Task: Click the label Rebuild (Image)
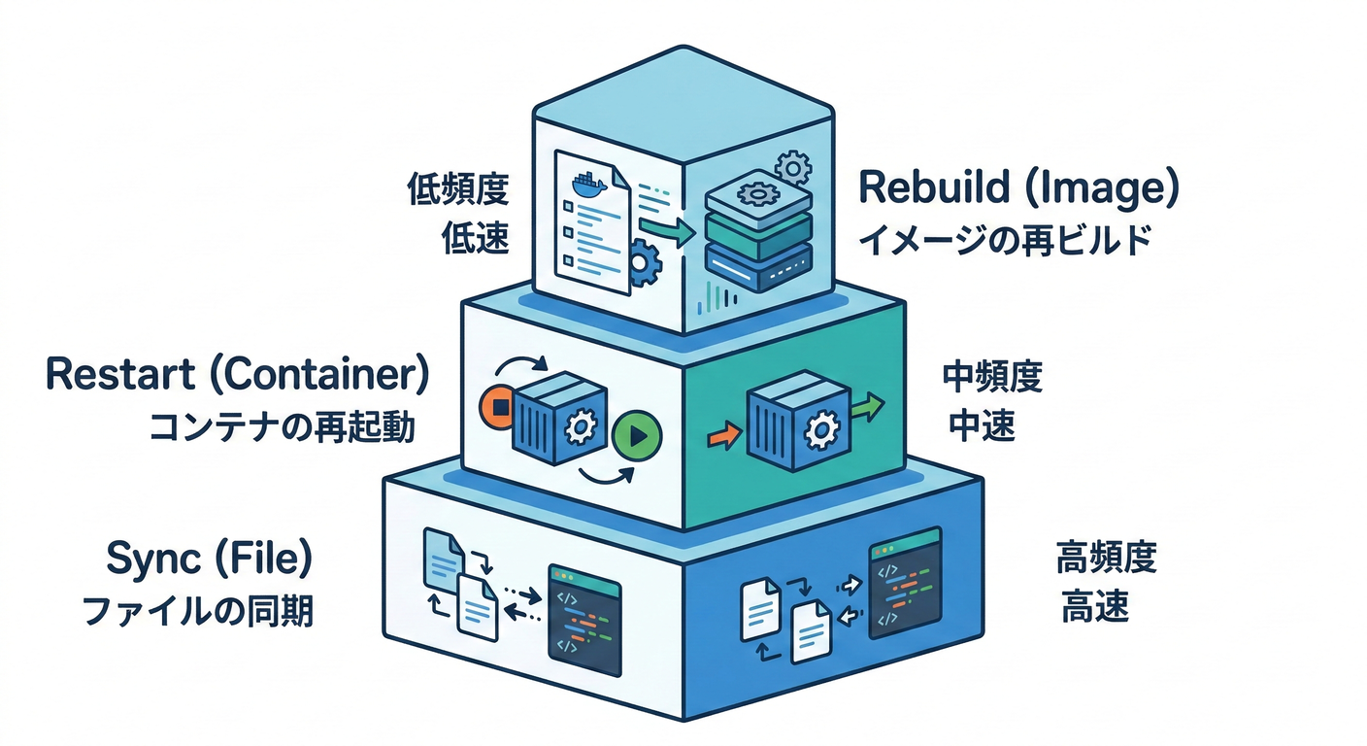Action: click(1018, 189)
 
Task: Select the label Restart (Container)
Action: click(237, 376)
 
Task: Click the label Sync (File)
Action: click(209, 561)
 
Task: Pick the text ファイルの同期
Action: click(198, 611)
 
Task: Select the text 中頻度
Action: click(992, 377)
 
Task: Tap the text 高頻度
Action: click(1106, 560)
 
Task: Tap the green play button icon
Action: click(637, 434)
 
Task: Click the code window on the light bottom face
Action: click(584, 621)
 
